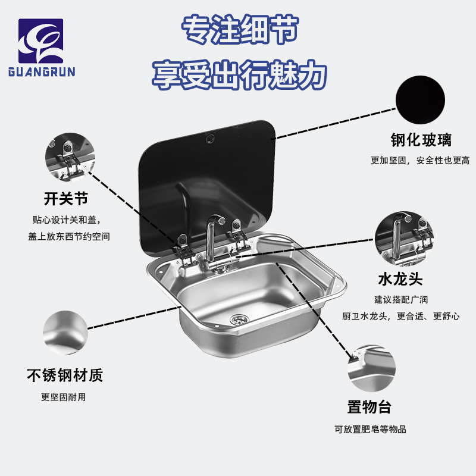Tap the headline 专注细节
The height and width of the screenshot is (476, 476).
point(240,29)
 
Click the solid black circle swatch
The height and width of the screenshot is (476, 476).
point(420,99)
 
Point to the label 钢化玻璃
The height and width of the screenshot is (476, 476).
point(421,140)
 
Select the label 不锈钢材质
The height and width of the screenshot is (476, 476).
point(65,375)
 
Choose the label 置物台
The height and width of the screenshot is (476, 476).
point(369,408)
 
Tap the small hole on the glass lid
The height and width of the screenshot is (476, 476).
point(210,138)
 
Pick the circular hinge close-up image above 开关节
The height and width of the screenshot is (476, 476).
point(70,157)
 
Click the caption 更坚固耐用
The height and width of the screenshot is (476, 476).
point(64,397)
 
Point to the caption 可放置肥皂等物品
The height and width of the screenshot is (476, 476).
point(370,429)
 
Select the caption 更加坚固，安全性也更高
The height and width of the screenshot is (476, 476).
point(420,160)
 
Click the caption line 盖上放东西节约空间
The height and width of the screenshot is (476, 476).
point(69,236)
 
